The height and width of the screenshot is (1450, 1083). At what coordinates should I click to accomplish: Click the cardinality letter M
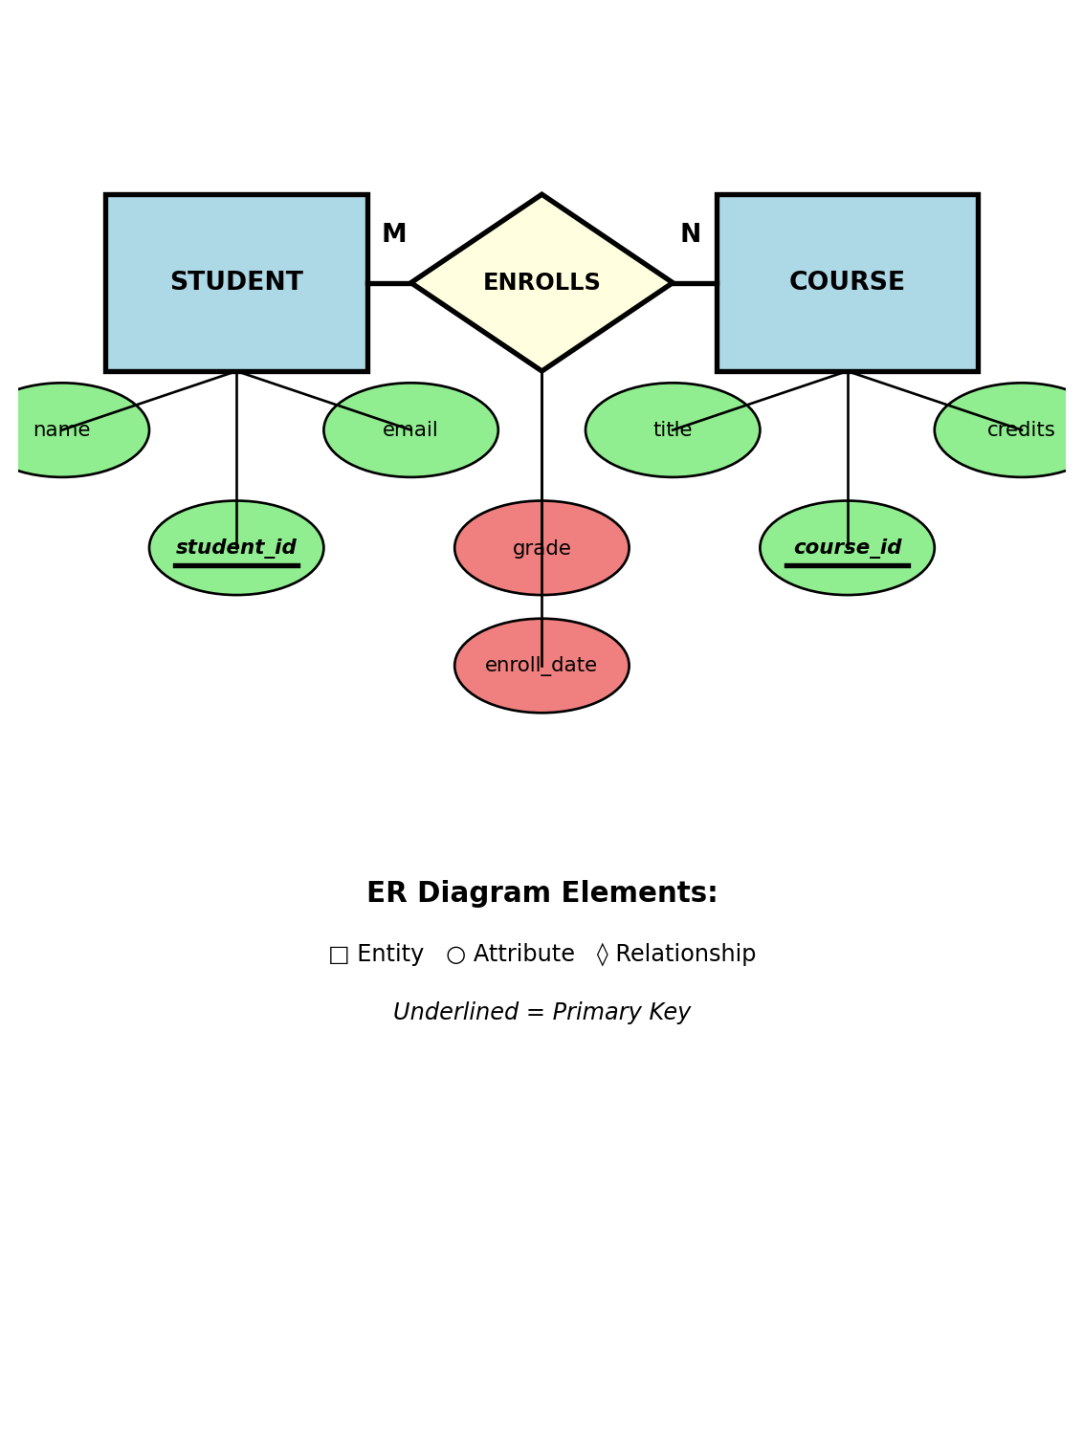(394, 234)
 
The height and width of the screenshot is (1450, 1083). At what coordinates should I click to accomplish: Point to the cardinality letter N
(690, 234)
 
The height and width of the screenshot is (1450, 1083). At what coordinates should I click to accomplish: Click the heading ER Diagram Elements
(541, 893)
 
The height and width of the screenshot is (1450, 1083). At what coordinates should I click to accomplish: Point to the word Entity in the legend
(389, 955)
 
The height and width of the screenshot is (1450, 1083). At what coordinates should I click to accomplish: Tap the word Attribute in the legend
(523, 955)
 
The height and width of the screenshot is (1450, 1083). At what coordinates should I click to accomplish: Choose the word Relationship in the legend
(685, 955)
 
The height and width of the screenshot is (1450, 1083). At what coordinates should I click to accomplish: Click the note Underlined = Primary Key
(541, 1013)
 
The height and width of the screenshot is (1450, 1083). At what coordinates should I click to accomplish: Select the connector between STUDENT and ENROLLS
(389, 283)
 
